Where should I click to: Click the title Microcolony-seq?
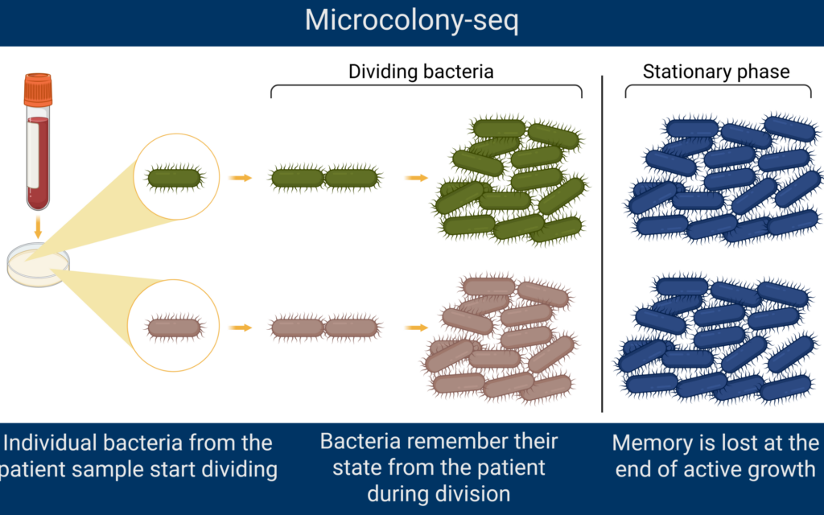tap(411, 21)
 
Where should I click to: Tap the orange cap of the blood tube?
tap(38, 89)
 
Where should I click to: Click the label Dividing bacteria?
tap(420, 72)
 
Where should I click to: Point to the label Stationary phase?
tap(716, 72)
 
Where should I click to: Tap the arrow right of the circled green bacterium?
tap(240, 177)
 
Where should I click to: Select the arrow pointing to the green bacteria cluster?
tap(415, 177)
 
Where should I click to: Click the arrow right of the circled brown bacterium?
tap(240, 328)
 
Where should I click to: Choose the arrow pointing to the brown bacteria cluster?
tap(415, 328)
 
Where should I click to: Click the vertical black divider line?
tap(603, 241)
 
